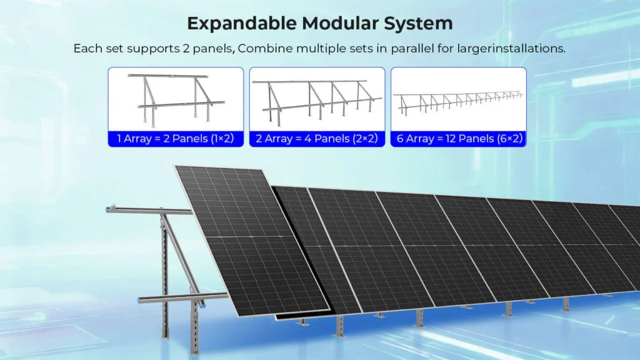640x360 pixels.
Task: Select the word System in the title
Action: coord(418,24)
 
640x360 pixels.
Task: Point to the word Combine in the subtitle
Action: coord(265,49)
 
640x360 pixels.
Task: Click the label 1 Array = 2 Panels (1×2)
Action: coord(176,139)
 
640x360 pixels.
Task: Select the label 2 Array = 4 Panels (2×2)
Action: coord(317,139)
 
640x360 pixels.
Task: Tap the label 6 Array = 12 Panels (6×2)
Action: coord(459,139)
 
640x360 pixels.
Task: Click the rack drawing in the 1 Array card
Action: coord(176,99)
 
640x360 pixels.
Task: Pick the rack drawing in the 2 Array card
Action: coord(317,102)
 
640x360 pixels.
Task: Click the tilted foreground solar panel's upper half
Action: coord(232,202)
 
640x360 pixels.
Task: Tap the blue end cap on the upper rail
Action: coord(109,209)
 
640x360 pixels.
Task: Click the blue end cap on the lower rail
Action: coord(140,301)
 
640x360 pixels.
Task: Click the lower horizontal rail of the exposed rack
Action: coord(183,297)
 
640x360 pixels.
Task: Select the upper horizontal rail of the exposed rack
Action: coord(149,211)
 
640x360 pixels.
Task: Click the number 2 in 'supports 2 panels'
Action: coord(186,49)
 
